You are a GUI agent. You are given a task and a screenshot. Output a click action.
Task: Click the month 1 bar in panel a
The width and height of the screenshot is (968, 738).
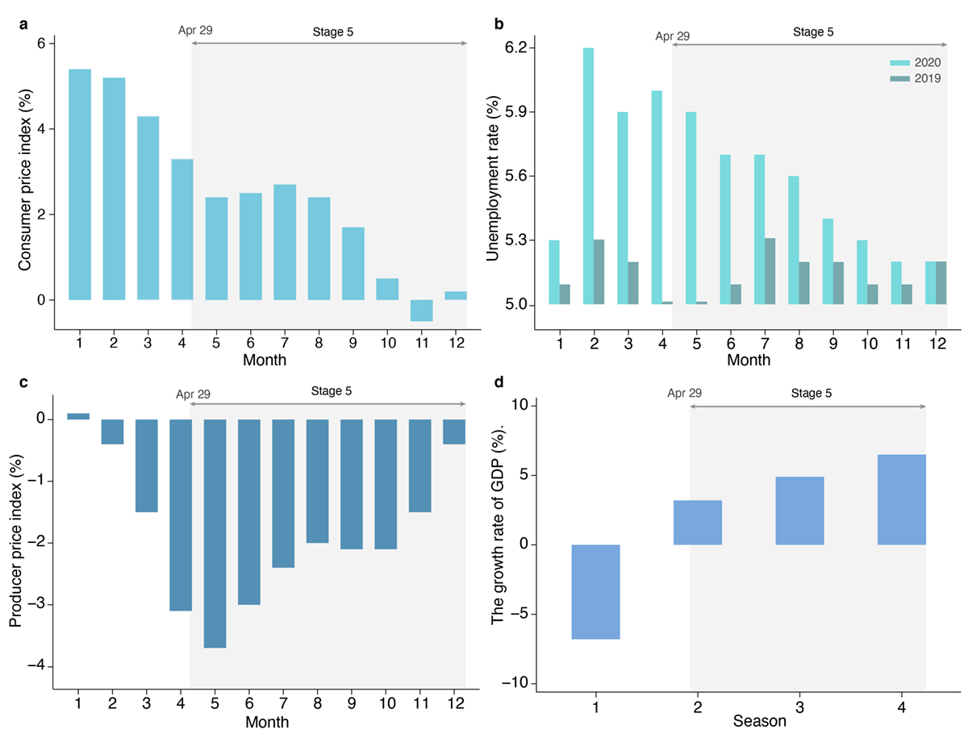[x=79, y=185]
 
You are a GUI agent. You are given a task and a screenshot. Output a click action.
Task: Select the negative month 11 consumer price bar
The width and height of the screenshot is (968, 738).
[x=421, y=311]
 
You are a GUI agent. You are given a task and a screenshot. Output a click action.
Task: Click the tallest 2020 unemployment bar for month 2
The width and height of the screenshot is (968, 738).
[x=587, y=176]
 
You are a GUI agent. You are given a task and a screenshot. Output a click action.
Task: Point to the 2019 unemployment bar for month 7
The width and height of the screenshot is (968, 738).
[x=770, y=271]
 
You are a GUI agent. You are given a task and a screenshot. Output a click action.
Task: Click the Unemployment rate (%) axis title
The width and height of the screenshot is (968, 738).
[x=494, y=176]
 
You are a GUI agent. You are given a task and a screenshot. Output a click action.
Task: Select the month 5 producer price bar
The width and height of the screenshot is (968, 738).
[x=215, y=533]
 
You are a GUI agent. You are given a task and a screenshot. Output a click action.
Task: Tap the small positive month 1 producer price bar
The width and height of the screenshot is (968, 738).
[x=79, y=416]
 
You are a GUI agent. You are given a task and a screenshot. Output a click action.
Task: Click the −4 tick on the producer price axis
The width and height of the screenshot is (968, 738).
[x=38, y=667]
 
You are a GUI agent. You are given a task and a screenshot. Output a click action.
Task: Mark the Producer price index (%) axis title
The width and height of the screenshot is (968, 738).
[x=16, y=541]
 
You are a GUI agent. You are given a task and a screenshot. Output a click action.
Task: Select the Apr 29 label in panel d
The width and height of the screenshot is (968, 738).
[x=685, y=394]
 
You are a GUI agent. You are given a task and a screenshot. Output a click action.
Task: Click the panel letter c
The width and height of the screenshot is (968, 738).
[x=24, y=384]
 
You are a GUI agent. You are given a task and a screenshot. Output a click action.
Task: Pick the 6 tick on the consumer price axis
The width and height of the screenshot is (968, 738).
[x=40, y=43]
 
